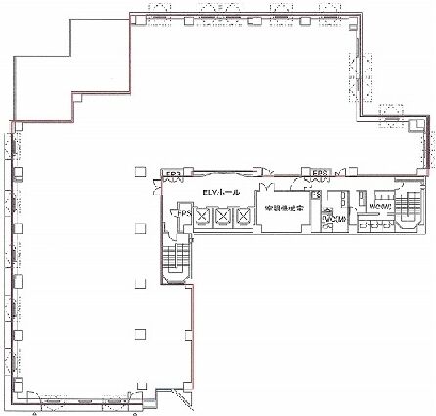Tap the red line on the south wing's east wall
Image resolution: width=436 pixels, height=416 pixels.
coord(192,333)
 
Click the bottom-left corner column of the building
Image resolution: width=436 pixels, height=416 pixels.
coord(19,398)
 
